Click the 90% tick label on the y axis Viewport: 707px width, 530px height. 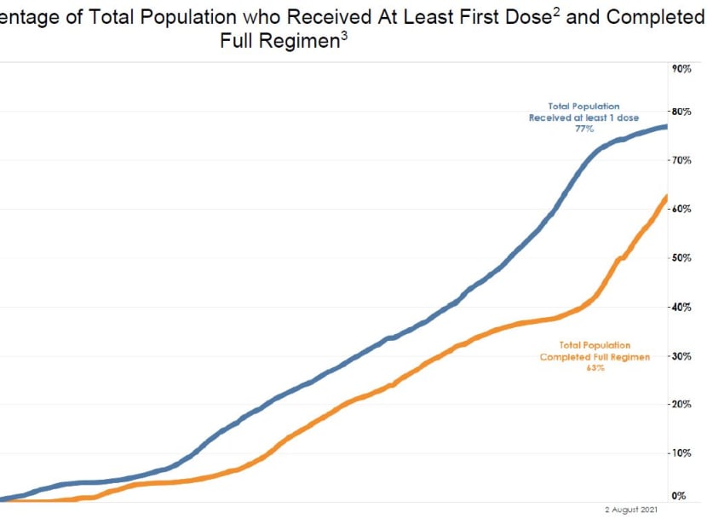click(x=680, y=68)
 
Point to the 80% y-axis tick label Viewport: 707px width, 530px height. click(x=680, y=112)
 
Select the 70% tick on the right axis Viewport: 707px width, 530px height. click(x=680, y=160)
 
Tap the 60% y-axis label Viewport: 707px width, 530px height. click(x=680, y=209)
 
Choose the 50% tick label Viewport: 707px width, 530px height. click(x=680, y=258)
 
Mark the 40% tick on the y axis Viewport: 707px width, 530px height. click(x=680, y=307)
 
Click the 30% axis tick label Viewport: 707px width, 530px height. click(x=680, y=356)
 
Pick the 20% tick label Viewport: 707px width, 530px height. click(x=680, y=405)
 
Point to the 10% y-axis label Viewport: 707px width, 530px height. click(x=680, y=453)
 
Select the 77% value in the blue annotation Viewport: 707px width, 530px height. click(x=583, y=129)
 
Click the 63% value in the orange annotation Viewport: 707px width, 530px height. click(x=595, y=368)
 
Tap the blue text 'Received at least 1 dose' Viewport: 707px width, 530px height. click(x=583, y=118)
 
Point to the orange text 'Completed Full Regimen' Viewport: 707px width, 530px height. click(x=595, y=357)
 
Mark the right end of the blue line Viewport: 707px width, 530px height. click(x=666, y=127)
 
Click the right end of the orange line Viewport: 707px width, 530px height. click(x=666, y=198)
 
